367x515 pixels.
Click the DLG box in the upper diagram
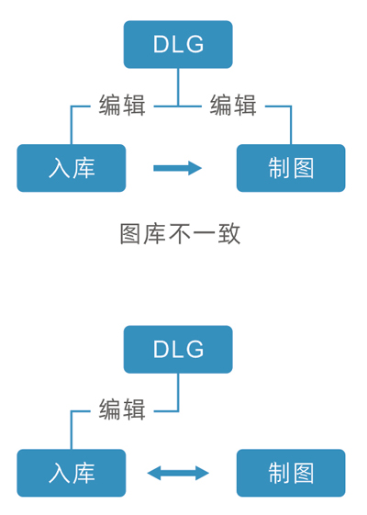click(x=178, y=44)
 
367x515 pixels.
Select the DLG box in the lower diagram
click(x=178, y=349)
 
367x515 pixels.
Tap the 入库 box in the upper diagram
click(x=72, y=168)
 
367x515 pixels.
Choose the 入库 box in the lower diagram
click(x=72, y=473)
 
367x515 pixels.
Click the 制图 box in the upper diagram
click(x=291, y=168)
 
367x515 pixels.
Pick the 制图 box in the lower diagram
click(x=291, y=473)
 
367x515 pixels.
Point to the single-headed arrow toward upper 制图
click(x=177, y=168)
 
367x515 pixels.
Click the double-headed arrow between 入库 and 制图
click(x=178, y=473)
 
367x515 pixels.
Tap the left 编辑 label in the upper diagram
click(x=122, y=105)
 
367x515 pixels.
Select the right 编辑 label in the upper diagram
click(x=233, y=105)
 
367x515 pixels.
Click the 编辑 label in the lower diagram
click(x=122, y=409)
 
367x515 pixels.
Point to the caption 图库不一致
click(x=180, y=234)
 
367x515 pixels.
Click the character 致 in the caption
click(x=229, y=234)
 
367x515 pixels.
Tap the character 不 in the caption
click(x=180, y=234)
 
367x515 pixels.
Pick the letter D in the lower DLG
click(x=161, y=349)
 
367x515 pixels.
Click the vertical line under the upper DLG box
click(x=178, y=87)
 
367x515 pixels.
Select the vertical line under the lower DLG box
click(x=178, y=392)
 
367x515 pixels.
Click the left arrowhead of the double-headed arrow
click(x=153, y=473)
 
